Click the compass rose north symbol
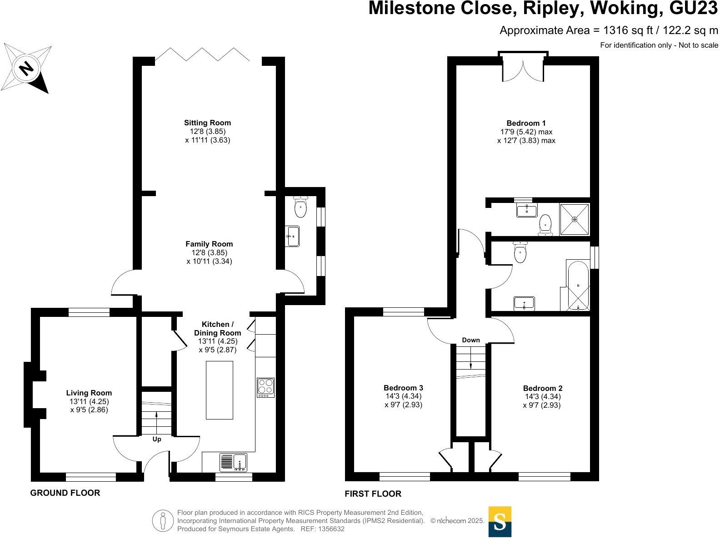tap(26, 69)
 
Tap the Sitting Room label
tap(207, 123)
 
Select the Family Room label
tap(209, 244)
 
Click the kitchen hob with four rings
tap(265, 387)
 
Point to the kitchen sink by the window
tap(233, 463)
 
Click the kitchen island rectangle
tap(220, 390)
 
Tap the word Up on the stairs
tap(156, 439)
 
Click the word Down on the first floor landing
tap(471, 340)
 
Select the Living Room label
tap(89, 393)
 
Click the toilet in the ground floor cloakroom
tap(300, 207)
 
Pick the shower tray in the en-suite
tap(575, 219)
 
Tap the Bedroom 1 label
tap(526, 123)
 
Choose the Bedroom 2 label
tap(542, 388)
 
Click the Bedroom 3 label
tap(403, 388)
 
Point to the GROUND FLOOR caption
tap(65, 493)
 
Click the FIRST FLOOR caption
tap(373, 494)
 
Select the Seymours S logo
tap(500, 522)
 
